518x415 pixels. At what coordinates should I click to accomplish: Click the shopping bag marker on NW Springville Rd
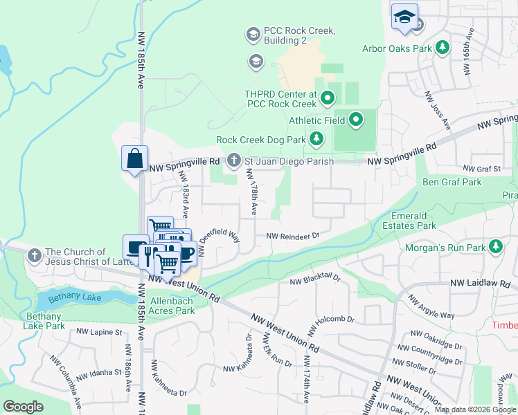[134, 158]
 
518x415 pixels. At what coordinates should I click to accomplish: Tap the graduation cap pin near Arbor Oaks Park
[404, 17]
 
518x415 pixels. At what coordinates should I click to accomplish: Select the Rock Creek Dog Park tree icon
[316, 140]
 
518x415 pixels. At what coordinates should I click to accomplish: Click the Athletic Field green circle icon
[356, 120]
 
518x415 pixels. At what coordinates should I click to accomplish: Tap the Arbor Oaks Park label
[397, 48]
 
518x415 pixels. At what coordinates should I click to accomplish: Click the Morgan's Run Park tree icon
[496, 247]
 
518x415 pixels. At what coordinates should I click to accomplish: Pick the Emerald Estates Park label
[414, 221]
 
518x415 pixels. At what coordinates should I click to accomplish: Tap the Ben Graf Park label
[452, 183]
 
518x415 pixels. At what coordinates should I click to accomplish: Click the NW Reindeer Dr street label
[293, 236]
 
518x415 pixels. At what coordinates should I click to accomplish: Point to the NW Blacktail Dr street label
[316, 279]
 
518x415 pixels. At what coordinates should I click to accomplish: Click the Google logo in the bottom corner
[23, 407]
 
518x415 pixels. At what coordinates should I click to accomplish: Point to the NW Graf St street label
[481, 169]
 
